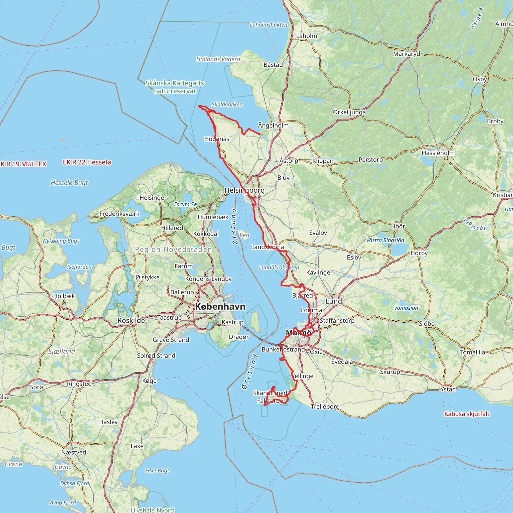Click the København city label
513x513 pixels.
click(x=220, y=307)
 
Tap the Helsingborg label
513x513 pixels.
click(x=244, y=190)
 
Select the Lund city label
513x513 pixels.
click(x=333, y=301)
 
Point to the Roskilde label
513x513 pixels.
click(x=131, y=320)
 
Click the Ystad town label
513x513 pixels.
click(x=448, y=389)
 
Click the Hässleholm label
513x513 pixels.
click(x=438, y=153)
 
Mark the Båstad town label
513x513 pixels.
click(x=273, y=65)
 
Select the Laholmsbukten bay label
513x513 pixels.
click(x=268, y=25)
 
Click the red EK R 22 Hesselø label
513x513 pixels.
click(x=87, y=162)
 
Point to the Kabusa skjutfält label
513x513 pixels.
click(x=466, y=414)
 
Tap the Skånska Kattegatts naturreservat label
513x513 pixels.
click(x=175, y=87)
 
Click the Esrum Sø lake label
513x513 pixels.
click(x=185, y=204)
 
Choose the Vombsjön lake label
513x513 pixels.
click(x=406, y=308)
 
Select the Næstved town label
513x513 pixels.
click(x=74, y=452)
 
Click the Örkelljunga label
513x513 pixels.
click(x=349, y=112)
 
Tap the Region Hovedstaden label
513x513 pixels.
click(x=173, y=249)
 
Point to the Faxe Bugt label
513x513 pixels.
click(x=157, y=470)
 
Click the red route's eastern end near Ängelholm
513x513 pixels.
click(x=260, y=134)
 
